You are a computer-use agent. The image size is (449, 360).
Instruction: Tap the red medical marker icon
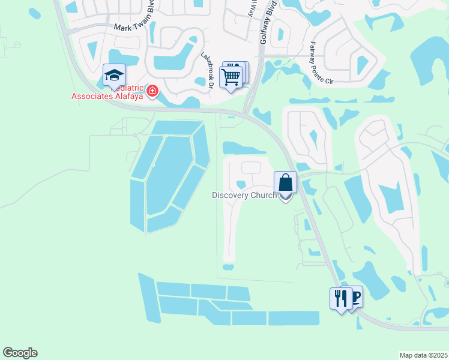[x=152, y=91]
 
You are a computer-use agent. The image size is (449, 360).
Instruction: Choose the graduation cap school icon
[x=114, y=75]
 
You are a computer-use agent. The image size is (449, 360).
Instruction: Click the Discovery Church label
[x=244, y=195]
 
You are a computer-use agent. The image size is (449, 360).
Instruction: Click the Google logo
[x=20, y=353]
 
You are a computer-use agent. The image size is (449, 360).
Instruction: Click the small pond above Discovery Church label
[x=241, y=184]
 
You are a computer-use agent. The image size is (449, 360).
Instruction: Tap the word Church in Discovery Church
[x=265, y=195]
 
